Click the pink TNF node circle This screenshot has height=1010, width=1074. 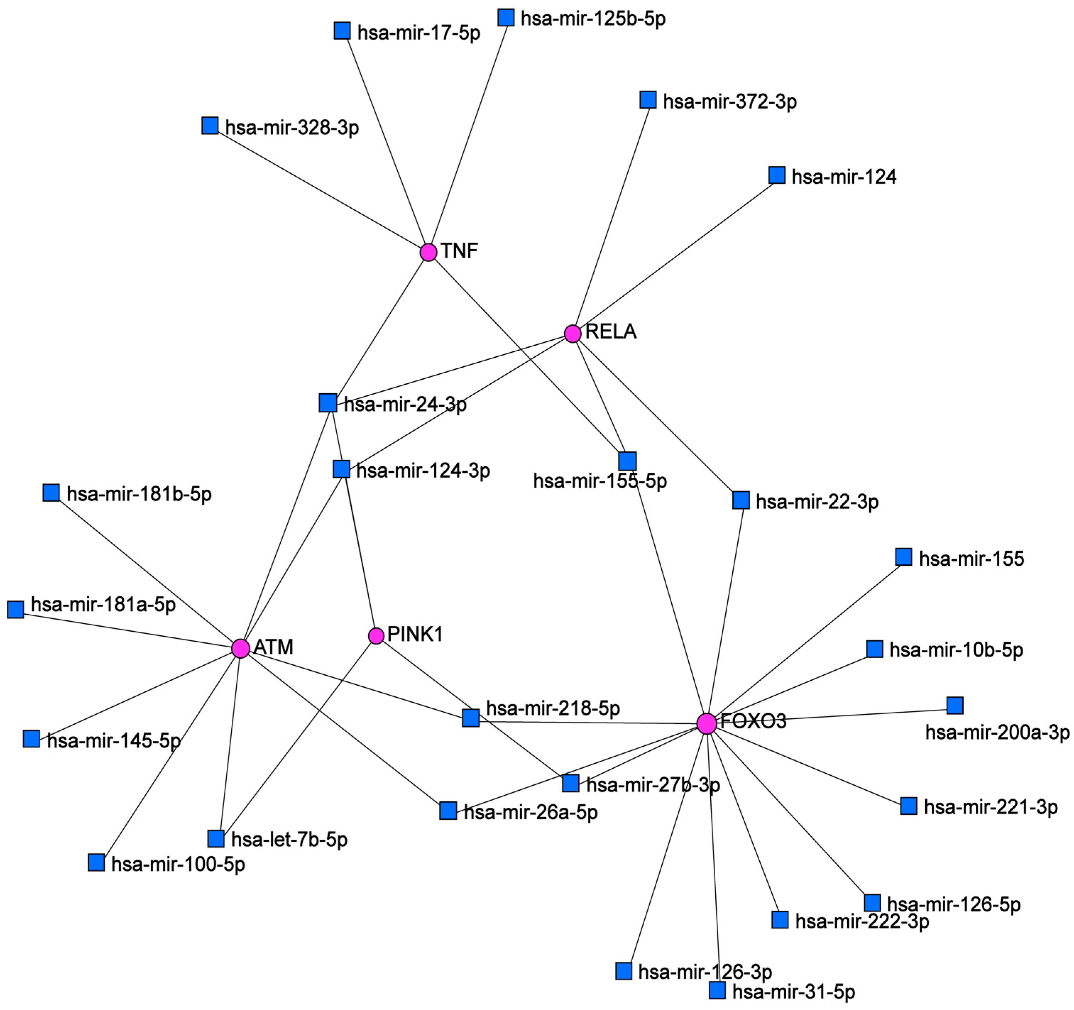click(428, 252)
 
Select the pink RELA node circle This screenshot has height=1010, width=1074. click(573, 334)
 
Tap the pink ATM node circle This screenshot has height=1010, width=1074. click(241, 648)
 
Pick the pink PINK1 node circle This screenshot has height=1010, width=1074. click(376, 636)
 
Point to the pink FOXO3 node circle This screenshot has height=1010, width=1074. click(707, 723)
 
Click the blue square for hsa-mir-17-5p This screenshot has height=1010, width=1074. click(342, 31)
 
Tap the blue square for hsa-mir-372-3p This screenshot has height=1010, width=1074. click(648, 99)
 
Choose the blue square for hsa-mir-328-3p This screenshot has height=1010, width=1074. click(210, 125)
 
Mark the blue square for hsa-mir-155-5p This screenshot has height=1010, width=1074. click(627, 461)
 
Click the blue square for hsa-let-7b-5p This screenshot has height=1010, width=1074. click(216, 839)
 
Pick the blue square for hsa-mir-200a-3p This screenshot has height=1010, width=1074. click(954, 705)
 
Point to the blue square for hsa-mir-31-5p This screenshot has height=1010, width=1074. click(717, 990)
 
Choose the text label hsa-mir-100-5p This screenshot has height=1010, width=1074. click(178, 864)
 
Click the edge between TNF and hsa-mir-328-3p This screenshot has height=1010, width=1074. click(319, 188)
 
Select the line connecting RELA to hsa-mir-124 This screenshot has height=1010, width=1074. click(675, 254)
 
